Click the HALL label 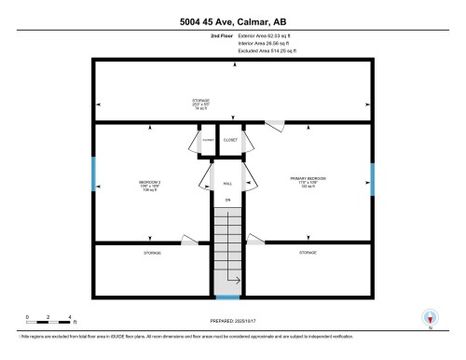click(226, 184)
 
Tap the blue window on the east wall click(372, 178)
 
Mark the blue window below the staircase click(226, 298)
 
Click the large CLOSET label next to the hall click(230, 140)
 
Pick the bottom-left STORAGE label click(152, 254)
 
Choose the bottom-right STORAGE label click(308, 252)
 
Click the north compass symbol click(430, 318)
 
